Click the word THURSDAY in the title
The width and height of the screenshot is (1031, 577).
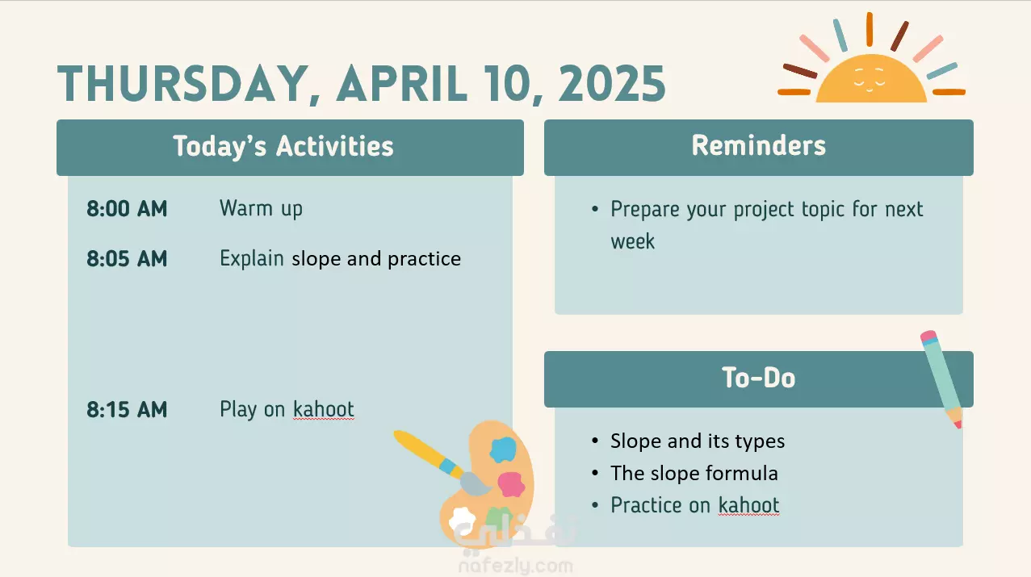pyautogui.click(x=182, y=84)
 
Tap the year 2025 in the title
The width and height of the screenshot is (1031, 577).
pyautogui.click(x=612, y=84)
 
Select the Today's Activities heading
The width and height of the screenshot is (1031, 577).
pyautogui.click(x=283, y=146)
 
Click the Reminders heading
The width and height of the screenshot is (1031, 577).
pyautogui.click(x=759, y=145)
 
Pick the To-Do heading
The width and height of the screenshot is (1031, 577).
pyautogui.click(x=759, y=378)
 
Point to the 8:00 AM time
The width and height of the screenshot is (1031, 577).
pyautogui.click(x=127, y=208)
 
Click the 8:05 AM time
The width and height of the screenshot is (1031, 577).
pyautogui.click(x=127, y=258)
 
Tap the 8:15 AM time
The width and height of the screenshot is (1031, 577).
pyautogui.click(x=127, y=409)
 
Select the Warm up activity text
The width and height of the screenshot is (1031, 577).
pyautogui.click(x=261, y=209)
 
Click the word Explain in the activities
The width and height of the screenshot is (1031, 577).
pyautogui.click(x=252, y=258)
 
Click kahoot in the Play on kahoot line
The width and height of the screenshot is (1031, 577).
pyautogui.click(x=324, y=409)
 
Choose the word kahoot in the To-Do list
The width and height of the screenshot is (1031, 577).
pyautogui.click(x=749, y=505)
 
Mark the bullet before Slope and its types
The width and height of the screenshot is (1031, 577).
pyautogui.click(x=595, y=441)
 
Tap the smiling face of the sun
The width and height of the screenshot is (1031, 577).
pyautogui.click(x=870, y=79)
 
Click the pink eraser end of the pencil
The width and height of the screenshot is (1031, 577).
pyautogui.click(x=928, y=337)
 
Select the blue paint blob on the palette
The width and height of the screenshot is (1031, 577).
pyautogui.click(x=503, y=449)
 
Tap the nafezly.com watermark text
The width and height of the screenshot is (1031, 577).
pyautogui.click(x=516, y=566)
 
